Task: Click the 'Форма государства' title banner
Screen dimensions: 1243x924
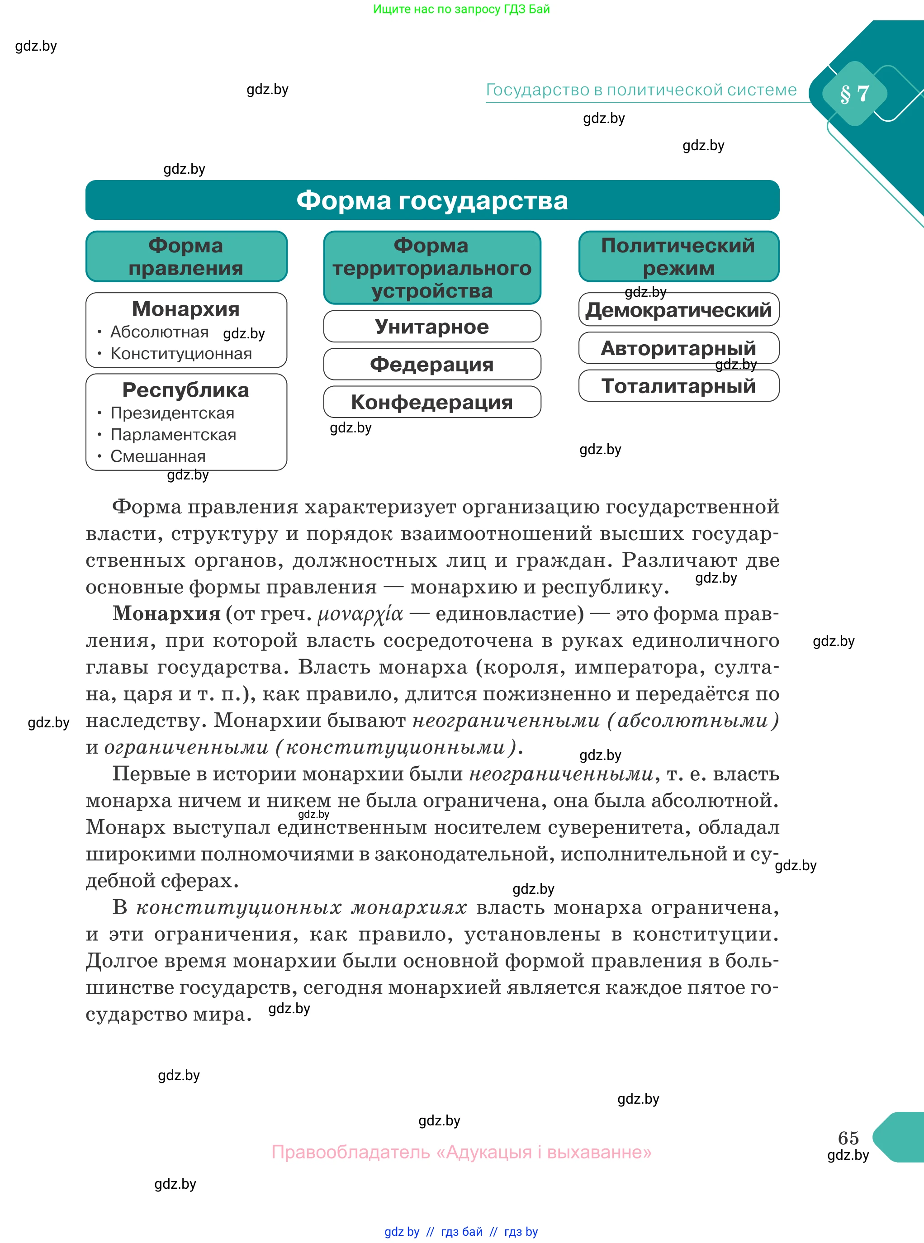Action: coord(432,200)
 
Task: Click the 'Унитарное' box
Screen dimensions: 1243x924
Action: coord(432,327)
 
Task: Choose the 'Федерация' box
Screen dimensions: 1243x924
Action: coord(432,365)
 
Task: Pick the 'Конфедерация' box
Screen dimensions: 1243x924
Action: coord(432,402)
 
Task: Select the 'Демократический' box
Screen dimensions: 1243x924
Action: coord(678,310)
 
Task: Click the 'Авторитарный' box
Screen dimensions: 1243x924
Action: coord(678,348)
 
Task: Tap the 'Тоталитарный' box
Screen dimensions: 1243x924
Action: coord(678,386)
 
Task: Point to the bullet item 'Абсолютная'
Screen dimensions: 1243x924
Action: coord(159,332)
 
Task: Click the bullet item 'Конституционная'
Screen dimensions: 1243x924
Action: coord(180,354)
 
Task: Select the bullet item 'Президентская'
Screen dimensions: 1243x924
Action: coord(172,413)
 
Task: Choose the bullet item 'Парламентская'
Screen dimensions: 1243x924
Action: coord(173,435)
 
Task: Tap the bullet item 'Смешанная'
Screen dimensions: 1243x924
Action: coord(158,456)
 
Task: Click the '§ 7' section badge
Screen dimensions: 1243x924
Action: coord(854,94)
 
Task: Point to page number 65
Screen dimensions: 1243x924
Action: coord(848,1138)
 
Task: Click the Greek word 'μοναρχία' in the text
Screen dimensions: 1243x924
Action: coord(360,614)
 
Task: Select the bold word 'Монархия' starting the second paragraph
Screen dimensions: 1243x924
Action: coord(167,614)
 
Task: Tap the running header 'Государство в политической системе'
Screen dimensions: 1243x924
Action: coord(641,90)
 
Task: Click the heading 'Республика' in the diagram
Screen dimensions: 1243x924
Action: coord(186,390)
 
